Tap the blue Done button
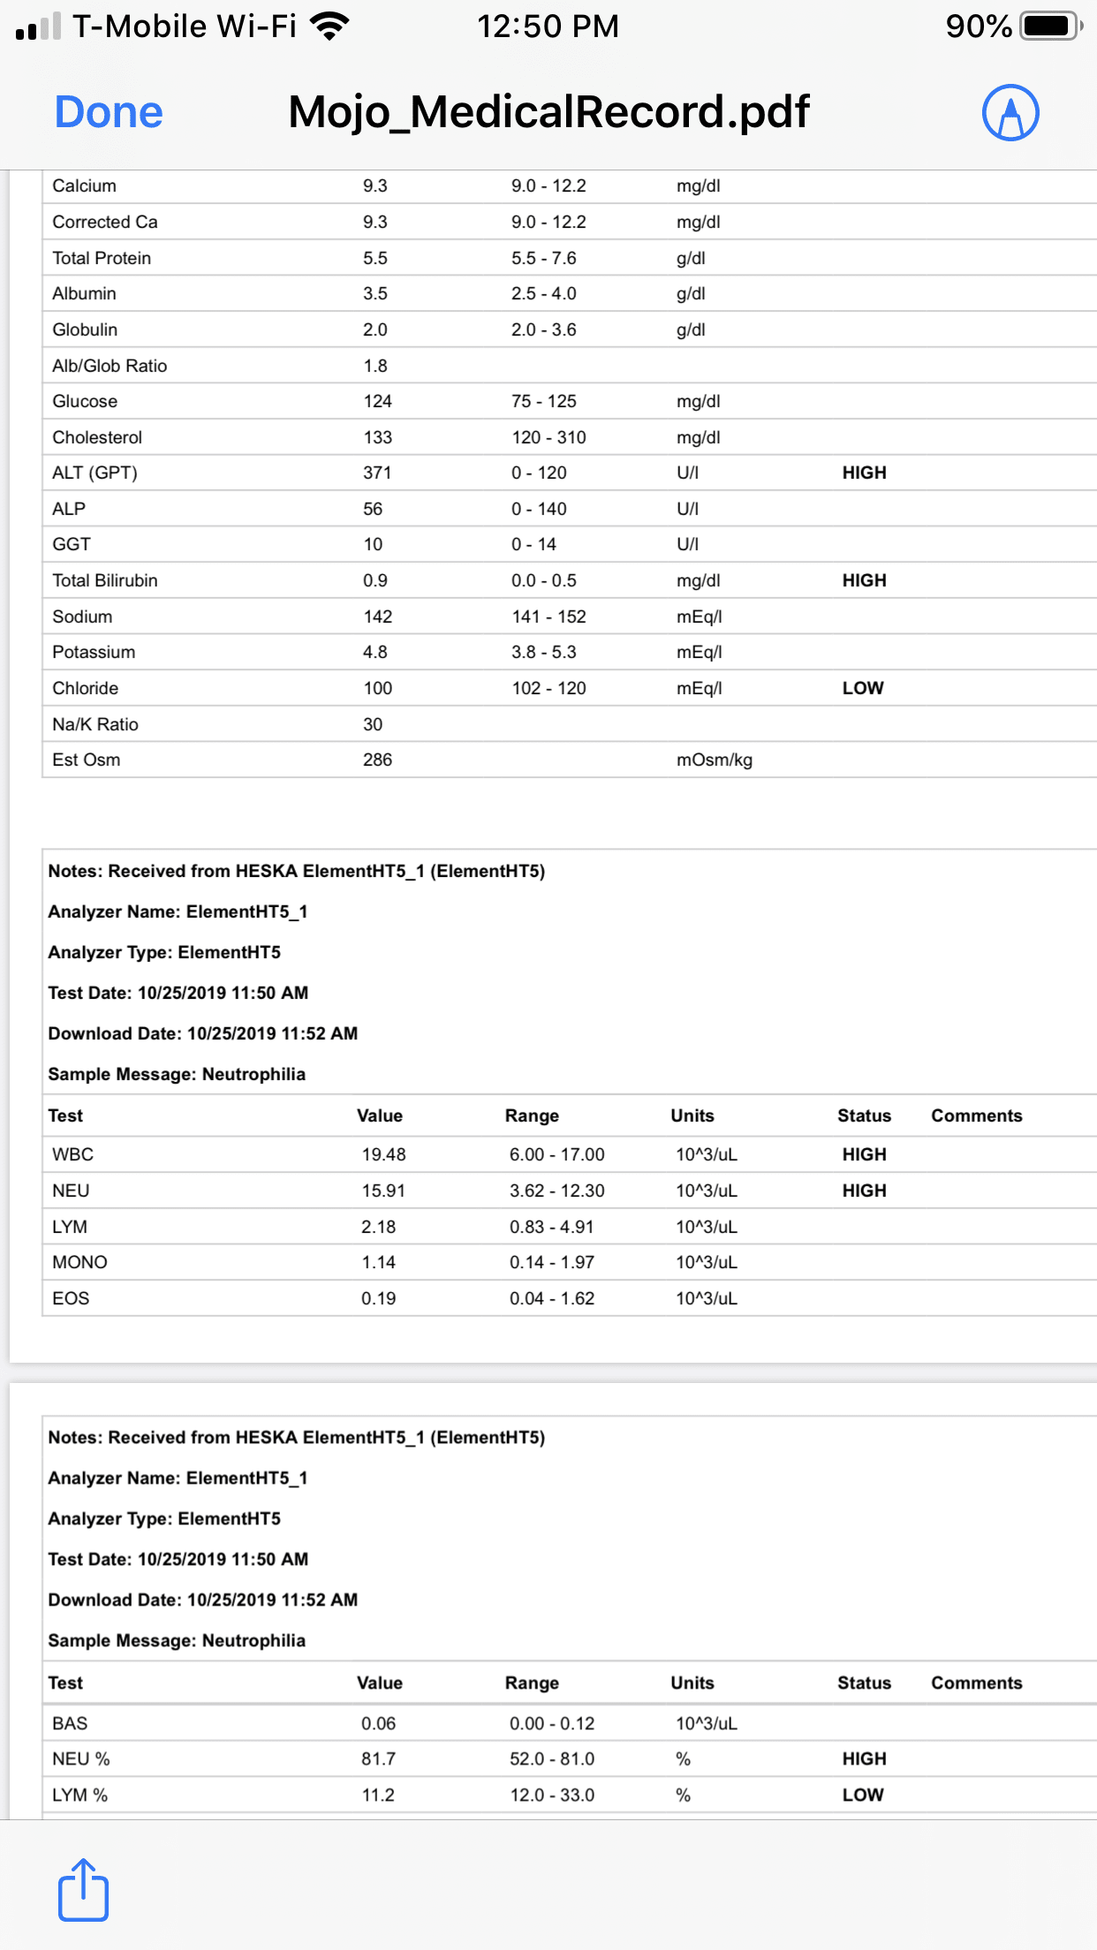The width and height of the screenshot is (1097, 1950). pos(109,113)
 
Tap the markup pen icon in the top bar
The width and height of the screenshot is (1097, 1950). pos(1010,113)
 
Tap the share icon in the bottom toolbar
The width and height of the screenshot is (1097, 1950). pos(84,1890)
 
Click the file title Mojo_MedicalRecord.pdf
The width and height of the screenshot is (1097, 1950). pos(548,113)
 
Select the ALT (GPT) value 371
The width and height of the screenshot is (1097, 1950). pos(377,472)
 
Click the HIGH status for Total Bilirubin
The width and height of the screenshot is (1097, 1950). pos(864,580)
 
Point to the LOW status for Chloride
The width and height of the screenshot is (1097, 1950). pos(863,688)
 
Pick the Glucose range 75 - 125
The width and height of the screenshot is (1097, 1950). pos(543,401)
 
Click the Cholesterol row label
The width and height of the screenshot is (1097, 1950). pos(97,437)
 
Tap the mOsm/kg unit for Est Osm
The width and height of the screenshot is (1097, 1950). pos(714,760)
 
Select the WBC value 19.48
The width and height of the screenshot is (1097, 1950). pos(383,1154)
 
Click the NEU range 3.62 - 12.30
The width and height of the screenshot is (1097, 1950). pos(556,1190)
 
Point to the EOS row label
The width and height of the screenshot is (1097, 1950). pos(71,1298)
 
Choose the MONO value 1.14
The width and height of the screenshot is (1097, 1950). pos(378,1262)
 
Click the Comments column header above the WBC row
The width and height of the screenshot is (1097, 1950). pos(976,1115)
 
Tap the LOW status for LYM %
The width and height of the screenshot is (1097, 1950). pos(863,1795)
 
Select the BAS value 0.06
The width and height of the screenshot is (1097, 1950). pos(378,1723)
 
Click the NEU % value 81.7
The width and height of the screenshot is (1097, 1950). pos(378,1758)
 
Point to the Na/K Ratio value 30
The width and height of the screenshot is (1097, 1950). pos(373,724)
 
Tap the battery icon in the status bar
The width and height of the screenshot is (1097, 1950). pos(1050,26)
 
